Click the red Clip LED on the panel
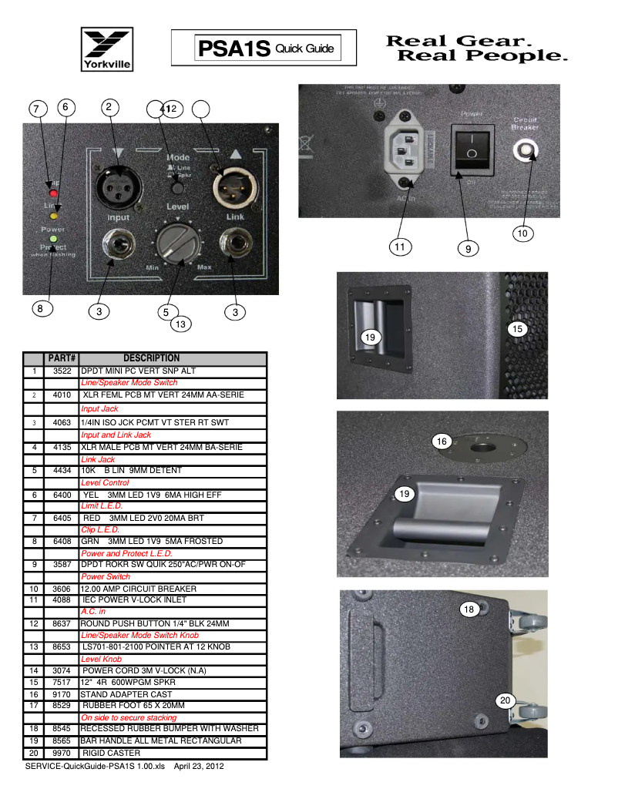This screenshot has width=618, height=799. coord(53,183)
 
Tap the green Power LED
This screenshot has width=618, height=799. coord(52,239)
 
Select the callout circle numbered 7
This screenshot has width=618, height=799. coord(36,110)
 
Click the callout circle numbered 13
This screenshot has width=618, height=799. coord(180,325)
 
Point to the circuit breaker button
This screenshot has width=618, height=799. coord(528,149)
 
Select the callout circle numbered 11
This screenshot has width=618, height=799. coord(399,248)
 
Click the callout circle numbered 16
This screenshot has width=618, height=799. coord(442,441)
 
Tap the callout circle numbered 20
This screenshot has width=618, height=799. coord(505,700)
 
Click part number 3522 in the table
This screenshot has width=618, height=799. coord(61,371)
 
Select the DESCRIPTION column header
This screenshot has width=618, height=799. coord(151,358)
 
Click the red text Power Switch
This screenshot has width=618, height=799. coord(105,577)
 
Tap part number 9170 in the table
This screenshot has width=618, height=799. coord(61,683)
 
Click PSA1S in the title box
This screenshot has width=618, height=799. coord(234,49)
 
